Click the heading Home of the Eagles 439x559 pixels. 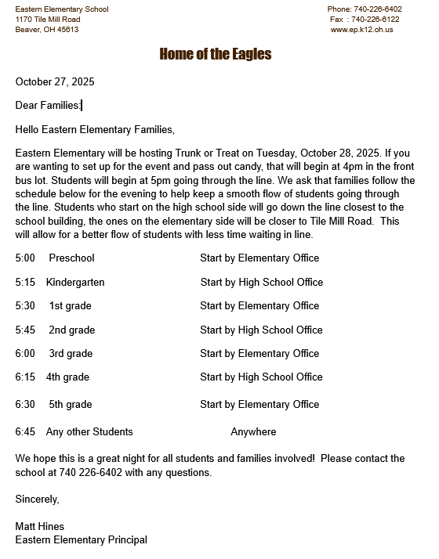pyautogui.click(x=216, y=54)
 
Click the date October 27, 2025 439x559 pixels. pyautogui.click(x=55, y=81)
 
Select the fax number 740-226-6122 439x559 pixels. pyautogui.click(x=375, y=20)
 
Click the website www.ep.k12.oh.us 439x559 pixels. pyautogui.click(x=362, y=30)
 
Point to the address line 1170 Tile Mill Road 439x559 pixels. pyautogui.click(x=48, y=20)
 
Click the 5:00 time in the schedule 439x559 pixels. pyautogui.click(x=25, y=258)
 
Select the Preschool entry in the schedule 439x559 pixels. pyautogui.click(x=71, y=258)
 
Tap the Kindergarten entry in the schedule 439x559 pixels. pyautogui.click(x=75, y=282)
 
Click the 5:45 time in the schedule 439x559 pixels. pyautogui.click(x=25, y=330)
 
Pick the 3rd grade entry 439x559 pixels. pyautogui.click(x=71, y=354)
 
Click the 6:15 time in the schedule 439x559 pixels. pyautogui.click(x=25, y=377)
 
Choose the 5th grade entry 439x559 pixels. pyautogui.click(x=71, y=405)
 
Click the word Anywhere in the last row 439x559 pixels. pyautogui.click(x=253, y=432)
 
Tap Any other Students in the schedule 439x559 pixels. pyautogui.click(x=89, y=432)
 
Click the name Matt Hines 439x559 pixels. pyautogui.click(x=40, y=526)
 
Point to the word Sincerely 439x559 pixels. pyautogui.click(x=37, y=499)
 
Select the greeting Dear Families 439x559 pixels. pyautogui.click(x=48, y=105)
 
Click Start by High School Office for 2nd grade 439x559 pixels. pyautogui.click(x=261, y=330)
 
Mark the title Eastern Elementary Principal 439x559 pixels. pyautogui.click(x=81, y=539)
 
